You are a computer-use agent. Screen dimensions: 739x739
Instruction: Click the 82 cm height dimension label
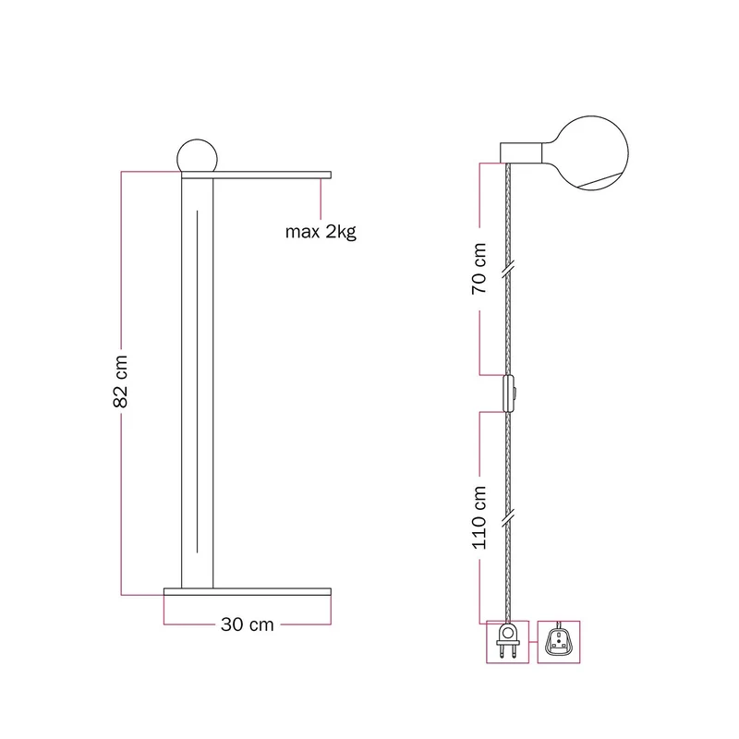[121, 382]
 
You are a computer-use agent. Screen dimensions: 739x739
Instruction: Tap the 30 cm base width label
[247, 624]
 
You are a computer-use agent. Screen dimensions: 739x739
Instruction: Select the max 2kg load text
[321, 232]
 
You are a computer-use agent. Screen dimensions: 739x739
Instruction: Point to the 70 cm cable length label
[479, 269]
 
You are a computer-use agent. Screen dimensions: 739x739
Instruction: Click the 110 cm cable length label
[479, 517]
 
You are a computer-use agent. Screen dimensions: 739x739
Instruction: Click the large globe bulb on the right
[590, 153]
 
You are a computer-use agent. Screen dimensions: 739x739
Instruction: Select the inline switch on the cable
[509, 394]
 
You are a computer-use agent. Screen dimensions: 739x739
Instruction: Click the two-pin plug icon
[507, 642]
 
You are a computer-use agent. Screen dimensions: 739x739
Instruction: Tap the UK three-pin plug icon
[559, 642]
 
